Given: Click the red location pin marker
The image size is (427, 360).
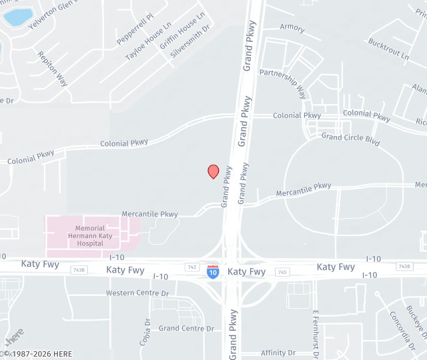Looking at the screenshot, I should [x=213, y=171].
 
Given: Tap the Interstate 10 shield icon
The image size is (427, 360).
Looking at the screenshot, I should [x=212, y=271].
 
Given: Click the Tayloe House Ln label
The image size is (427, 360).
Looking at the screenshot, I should [x=144, y=45].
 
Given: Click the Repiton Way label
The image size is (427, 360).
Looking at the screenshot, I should [x=53, y=69].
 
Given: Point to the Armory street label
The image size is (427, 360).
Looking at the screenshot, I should [x=292, y=28].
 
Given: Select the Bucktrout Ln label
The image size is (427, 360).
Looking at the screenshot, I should [x=388, y=49].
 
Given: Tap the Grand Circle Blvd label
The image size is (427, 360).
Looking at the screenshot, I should [x=350, y=139].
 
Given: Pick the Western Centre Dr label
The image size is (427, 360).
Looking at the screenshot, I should [x=137, y=293].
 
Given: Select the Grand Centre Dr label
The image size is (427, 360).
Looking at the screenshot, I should [x=186, y=328].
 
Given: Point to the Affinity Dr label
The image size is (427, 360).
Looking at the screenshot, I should [x=278, y=353].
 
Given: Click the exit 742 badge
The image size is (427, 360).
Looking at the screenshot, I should [x=192, y=267].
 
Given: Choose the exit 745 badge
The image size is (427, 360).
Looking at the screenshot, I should [x=282, y=272].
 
